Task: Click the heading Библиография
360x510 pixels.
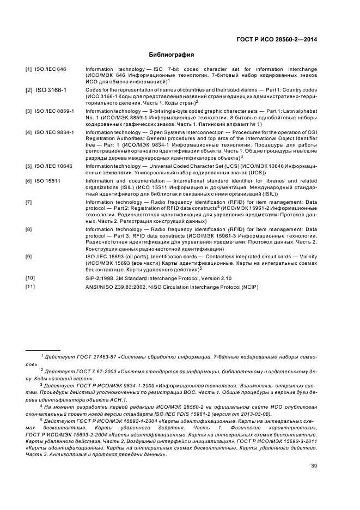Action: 172,54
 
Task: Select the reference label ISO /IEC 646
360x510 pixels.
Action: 51,69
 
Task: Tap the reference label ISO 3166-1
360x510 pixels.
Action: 51,90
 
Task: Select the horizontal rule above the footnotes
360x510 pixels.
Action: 43,350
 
